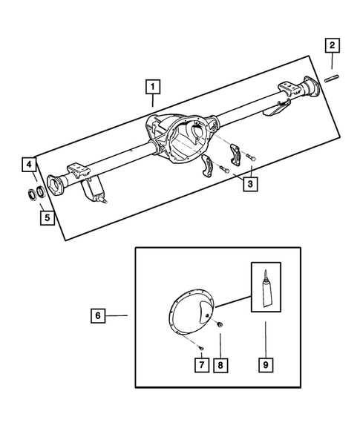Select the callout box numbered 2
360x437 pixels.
331,47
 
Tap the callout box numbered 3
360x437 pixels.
250,183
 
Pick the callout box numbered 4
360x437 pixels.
28,164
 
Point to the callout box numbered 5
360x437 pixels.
47,218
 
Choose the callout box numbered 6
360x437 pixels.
97,316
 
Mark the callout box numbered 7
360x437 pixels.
201,366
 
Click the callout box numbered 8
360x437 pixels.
220,366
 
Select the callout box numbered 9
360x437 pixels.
265,366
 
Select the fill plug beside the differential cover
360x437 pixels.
220,323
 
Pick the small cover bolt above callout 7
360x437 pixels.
201,346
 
